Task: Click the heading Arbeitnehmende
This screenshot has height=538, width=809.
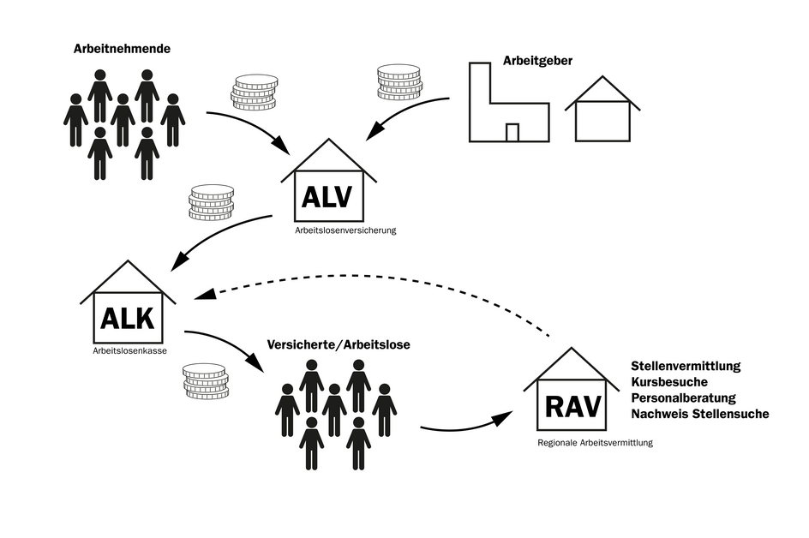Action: click(x=123, y=49)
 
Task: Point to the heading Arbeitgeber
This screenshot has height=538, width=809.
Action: click(x=537, y=62)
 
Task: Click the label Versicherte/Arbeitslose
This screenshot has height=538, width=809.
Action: click(x=339, y=344)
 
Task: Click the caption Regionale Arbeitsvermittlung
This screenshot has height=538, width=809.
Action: click(x=595, y=443)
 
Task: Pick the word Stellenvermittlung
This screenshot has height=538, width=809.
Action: click(x=686, y=367)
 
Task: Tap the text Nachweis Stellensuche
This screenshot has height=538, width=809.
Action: click(x=699, y=415)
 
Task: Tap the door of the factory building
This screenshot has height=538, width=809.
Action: click(x=512, y=132)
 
